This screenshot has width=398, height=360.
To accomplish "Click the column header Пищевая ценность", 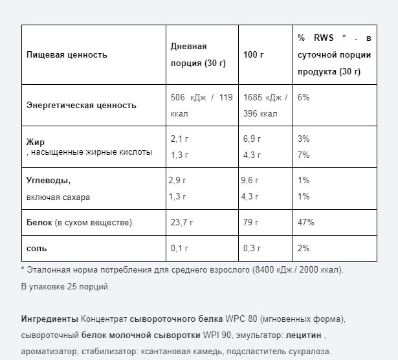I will click(67, 55).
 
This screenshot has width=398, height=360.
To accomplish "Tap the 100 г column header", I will click(254, 55).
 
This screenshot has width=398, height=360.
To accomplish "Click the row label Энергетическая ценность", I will click(82, 105).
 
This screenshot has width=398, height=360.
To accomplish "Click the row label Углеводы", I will click(49, 181).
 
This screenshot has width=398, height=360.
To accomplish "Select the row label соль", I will click(36, 248).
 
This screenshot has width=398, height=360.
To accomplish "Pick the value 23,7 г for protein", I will click(182, 223).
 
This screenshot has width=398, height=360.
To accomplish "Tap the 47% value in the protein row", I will click(305, 223).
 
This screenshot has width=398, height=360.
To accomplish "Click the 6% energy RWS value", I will click(303, 98).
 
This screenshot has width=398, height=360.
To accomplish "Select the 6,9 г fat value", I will click(252, 139).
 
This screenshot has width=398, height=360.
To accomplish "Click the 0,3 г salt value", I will click(252, 248).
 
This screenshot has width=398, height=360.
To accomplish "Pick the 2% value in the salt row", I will click(303, 248).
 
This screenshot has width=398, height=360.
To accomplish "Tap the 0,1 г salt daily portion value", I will click(179, 248).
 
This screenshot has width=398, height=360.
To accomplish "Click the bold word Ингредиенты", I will click(50, 320).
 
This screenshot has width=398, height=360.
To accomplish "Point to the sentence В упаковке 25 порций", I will click(65, 286).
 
